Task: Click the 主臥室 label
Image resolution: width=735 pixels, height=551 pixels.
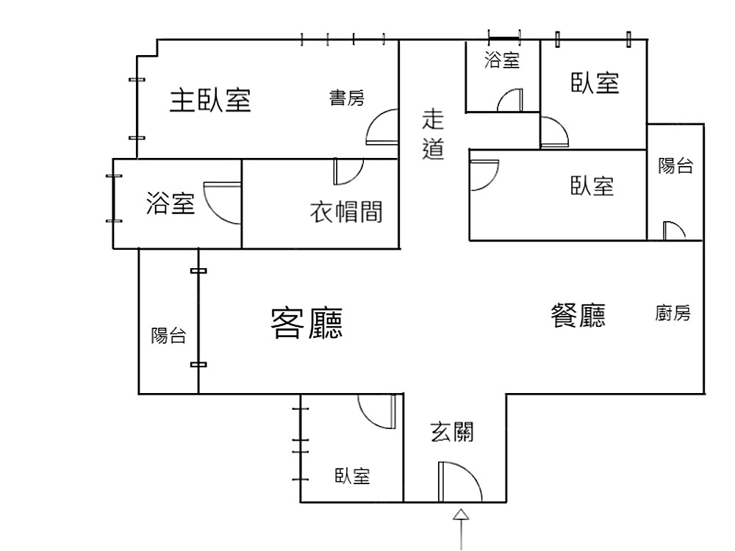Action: click(210, 100)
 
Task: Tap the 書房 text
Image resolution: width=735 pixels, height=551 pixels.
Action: click(346, 98)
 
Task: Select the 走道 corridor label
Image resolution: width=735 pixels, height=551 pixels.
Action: click(434, 134)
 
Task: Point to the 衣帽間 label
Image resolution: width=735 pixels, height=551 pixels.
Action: click(345, 213)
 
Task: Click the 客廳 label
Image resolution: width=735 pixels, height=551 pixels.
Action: click(307, 323)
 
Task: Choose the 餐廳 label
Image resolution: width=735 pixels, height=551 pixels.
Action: click(578, 316)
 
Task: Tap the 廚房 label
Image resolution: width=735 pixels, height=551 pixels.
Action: click(673, 314)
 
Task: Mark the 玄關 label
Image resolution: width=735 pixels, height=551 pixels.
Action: click(451, 432)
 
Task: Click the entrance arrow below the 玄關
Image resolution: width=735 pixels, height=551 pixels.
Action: click(462, 525)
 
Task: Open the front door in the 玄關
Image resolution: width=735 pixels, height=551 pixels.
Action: click(457, 482)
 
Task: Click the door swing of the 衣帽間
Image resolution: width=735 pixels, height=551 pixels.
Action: click(347, 171)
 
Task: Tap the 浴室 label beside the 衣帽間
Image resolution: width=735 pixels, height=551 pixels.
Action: click(171, 203)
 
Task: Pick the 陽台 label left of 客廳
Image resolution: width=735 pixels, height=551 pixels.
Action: click(168, 336)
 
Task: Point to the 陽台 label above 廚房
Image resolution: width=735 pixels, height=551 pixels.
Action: click(675, 166)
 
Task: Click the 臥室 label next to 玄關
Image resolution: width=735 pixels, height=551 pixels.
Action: click(353, 477)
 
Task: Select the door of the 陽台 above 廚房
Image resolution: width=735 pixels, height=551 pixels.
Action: click(673, 231)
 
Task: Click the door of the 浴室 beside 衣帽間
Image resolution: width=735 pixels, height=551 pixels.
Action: click(222, 202)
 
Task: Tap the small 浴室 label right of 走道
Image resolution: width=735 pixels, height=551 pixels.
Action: click(502, 61)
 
